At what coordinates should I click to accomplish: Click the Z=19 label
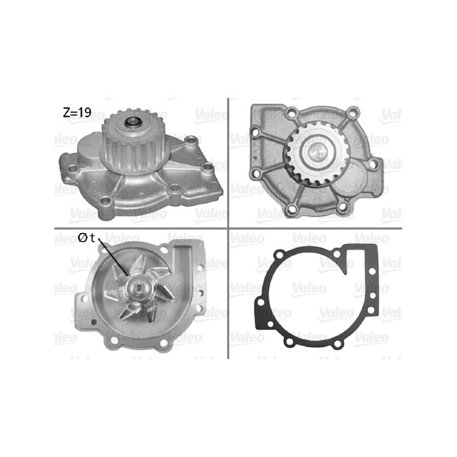point(76,112)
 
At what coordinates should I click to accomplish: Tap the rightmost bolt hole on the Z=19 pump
point(208,167)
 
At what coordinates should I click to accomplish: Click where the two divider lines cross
point(227,228)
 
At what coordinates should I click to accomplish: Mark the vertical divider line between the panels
point(227,163)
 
